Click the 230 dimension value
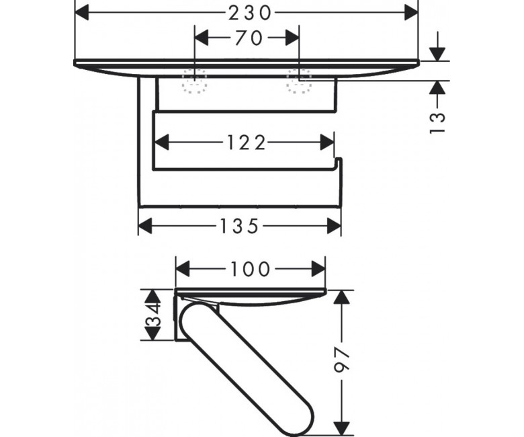click(x=249, y=13)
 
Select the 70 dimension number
click(x=249, y=38)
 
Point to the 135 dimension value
click(x=240, y=226)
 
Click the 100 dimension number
click(x=251, y=269)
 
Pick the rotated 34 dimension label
click(x=152, y=315)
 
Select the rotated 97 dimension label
click(x=341, y=359)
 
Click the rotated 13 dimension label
click(x=437, y=123)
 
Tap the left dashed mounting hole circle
click(x=195, y=81)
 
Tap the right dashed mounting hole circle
click(x=299, y=81)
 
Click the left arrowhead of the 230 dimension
click(x=82, y=13)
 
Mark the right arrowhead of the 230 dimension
click(x=411, y=13)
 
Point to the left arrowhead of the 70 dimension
click(x=202, y=38)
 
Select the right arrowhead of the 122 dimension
click(x=327, y=143)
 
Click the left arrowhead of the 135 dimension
click(x=145, y=226)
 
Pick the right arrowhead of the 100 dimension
click(x=318, y=269)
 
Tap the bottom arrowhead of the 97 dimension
click(x=341, y=428)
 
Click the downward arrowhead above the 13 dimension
click(x=437, y=54)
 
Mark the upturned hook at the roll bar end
click(x=338, y=163)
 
